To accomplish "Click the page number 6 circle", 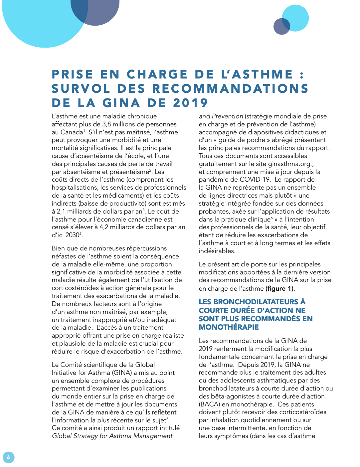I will click(x=8, y=457).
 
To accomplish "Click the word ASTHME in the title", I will click(x=263, y=75).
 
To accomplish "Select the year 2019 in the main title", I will click(x=190, y=103).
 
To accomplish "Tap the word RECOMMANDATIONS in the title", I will click(x=230, y=89).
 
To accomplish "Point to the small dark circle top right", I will click(x=281, y=27).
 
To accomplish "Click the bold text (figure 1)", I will click(x=280, y=288).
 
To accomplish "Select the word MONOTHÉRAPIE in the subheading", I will click(x=229, y=327).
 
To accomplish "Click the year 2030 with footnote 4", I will click(x=73, y=235).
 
